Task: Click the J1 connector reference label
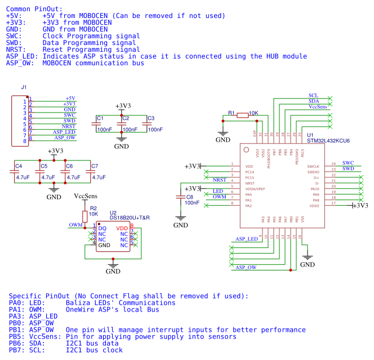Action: (24, 87)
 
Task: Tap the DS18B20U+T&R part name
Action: (133, 218)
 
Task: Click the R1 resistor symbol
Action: (242, 115)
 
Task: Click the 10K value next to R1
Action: (253, 113)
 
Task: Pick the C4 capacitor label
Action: (19, 166)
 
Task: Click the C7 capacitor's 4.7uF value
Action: (99, 177)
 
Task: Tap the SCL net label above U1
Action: (314, 95)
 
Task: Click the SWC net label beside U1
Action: (348, 163)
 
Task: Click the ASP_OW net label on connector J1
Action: (65, 137)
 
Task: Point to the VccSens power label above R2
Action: (86, 197)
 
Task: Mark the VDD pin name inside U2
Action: (123, 228)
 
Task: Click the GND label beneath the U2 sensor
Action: (113, 271)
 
